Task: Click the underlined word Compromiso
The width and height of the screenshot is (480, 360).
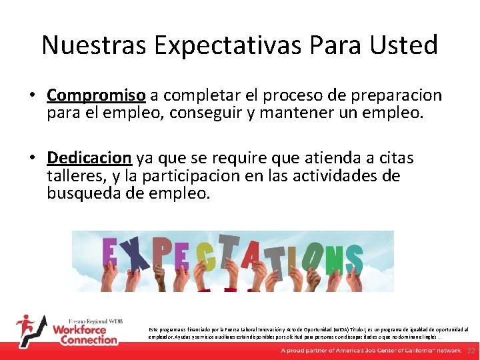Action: (97, 96)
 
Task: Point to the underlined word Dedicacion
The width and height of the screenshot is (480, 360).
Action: (89, 158)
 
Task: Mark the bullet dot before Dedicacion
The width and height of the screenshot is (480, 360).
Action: (32, 159)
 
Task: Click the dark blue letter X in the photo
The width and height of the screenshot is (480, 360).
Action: (136, 257)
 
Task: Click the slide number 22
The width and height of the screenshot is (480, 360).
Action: (471, 351)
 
